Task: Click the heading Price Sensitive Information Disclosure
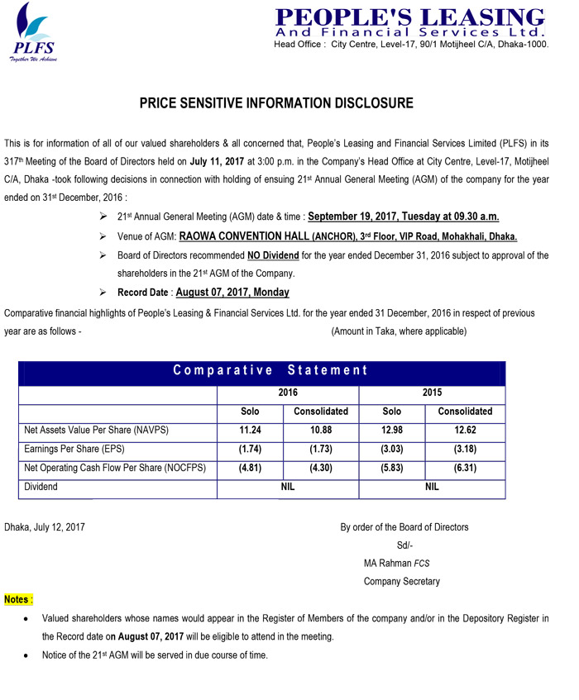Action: (x=275, y=104)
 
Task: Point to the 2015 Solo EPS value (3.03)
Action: (x=392, y=450)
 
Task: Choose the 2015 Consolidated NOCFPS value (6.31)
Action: (x=464, y=469)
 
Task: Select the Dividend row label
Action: (x=41, y=488)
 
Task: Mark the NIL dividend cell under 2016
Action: (x=287, y=488)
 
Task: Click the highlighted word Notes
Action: (x=18, y=598)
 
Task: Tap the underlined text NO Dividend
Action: (x=268, y=255)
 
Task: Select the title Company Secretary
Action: (x=401, y=581)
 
